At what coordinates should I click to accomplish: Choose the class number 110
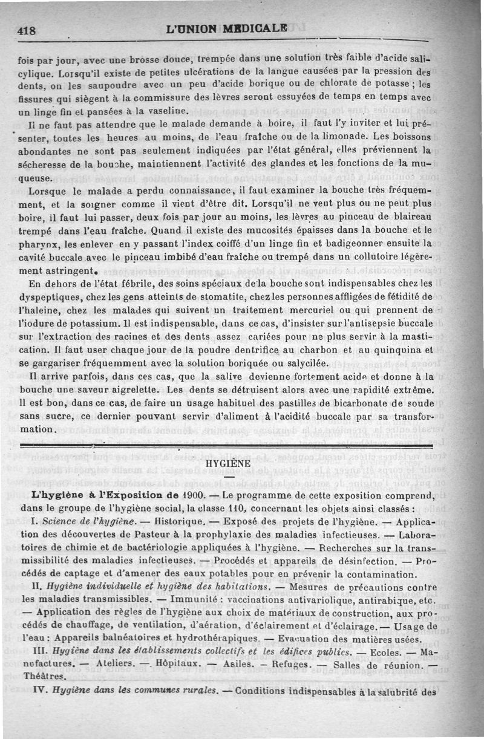(234, 508)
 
